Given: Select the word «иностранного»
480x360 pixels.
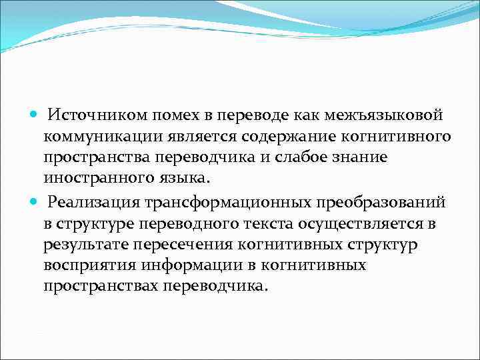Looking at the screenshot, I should [92, 179].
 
